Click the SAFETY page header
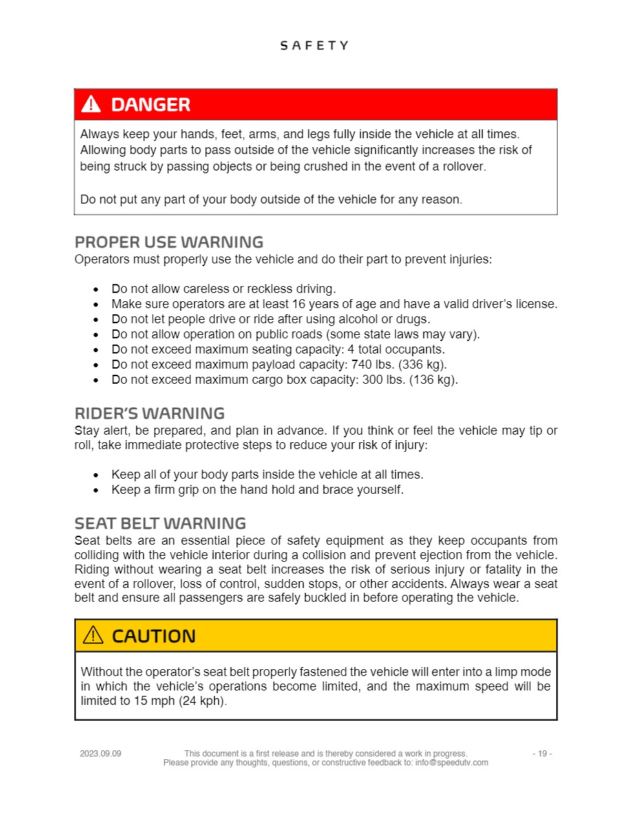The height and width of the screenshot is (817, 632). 315,45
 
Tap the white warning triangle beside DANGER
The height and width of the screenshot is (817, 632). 91,105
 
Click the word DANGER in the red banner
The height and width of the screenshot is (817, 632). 151,105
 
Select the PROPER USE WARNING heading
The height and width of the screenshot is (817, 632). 169,242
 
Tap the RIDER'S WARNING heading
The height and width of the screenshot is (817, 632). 149,413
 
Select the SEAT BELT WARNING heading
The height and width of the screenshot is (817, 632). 160,523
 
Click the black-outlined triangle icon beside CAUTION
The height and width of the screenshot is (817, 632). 93,635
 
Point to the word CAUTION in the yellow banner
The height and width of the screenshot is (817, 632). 154,636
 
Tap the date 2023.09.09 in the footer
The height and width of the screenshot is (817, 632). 101,754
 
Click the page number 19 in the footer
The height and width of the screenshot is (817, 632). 542,754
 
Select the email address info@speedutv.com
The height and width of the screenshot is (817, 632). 452,763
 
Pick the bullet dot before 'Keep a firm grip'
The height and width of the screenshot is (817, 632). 96,490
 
